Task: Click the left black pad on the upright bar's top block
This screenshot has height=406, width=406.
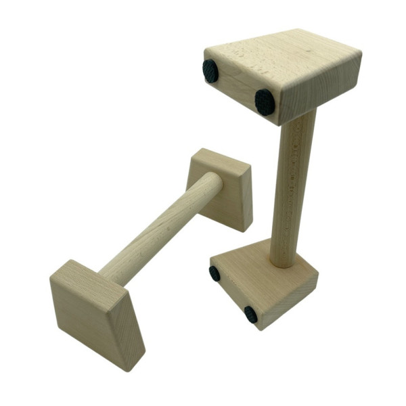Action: (210, 70)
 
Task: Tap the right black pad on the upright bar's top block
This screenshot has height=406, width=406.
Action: (265, 101)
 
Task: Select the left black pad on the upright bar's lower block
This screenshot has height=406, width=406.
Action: (215, 273)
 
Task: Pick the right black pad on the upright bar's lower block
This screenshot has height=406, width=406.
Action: (251, 314)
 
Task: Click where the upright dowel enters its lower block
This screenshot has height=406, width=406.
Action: (282, 263)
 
